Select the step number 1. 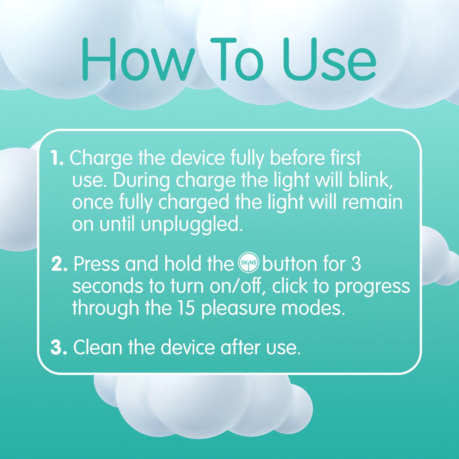[x=57, y=158]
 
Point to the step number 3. [x=59, y=348]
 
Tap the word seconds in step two [x=107, y=286]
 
